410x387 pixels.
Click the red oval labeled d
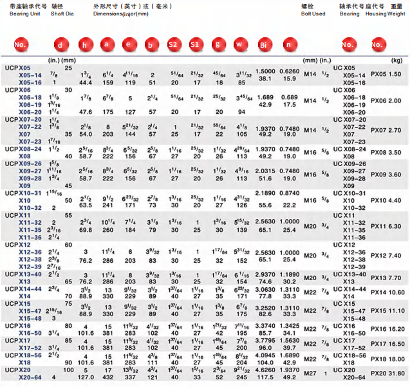[61, 45]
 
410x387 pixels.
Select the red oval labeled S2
[172, 45]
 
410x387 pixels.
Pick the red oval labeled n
[289, 45]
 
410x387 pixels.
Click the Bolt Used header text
[313, 14]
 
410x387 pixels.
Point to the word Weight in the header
[396, 14]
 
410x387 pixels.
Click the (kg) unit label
[396, 60]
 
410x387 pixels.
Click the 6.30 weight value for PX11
[396, 227]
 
